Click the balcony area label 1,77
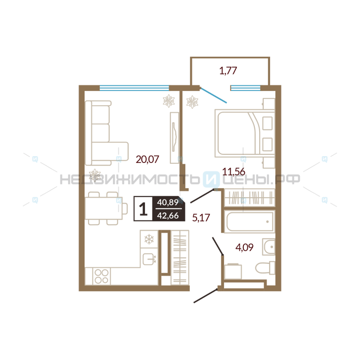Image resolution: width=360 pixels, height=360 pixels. [228, 71]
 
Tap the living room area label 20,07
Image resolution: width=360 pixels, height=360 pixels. [148, 159]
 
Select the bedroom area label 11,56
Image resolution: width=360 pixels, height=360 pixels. [234, 171]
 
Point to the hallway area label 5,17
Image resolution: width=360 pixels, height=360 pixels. [201, 217]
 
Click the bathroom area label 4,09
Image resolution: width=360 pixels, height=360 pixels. [244, 247]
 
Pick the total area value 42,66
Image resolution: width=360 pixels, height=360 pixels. [168, 216]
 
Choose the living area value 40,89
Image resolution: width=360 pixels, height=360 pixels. [168, 202]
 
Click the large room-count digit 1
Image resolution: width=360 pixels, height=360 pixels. [143, 209]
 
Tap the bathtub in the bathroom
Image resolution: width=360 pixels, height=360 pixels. [250, 222]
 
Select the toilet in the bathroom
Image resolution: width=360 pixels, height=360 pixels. [265, 268]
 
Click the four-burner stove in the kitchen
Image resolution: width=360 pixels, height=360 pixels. [101, 276]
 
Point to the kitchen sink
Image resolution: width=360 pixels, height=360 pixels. [149, 259]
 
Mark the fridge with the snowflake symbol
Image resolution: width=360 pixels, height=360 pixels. [149, 239]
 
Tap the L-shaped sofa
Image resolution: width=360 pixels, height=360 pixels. [107, 133]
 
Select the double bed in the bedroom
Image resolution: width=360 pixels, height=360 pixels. [245, 133]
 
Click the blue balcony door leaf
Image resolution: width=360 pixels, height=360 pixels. [213, 95]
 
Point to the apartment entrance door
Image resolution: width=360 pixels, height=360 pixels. [206, 296]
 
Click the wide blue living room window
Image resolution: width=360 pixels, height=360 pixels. [134, 88]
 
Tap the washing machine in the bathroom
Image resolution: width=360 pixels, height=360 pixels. [233, 271]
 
